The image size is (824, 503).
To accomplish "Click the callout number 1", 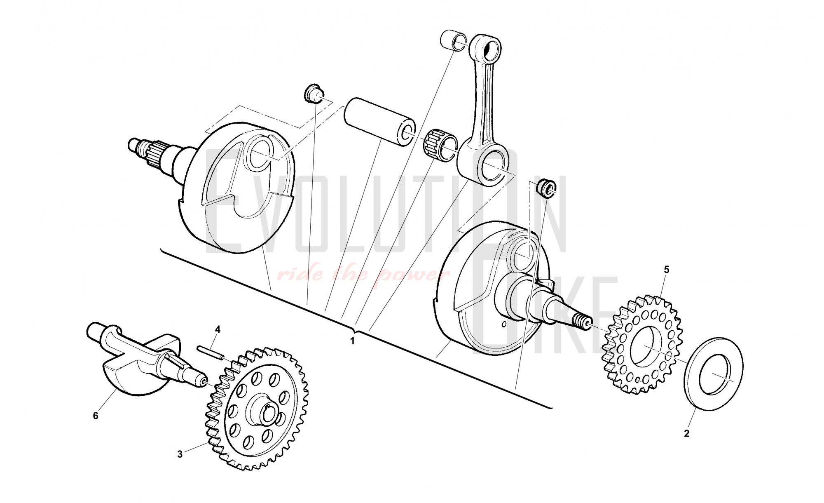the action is click(x=352, y=341).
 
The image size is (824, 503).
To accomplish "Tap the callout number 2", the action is click(x=686, y=434).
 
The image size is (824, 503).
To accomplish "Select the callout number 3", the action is click(x=180, y=454).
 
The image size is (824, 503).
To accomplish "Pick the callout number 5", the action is click(x=667, y=270).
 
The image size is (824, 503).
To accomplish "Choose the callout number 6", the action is click(x=96, y=416).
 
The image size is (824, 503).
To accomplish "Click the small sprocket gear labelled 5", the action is click(x=642, y=344).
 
